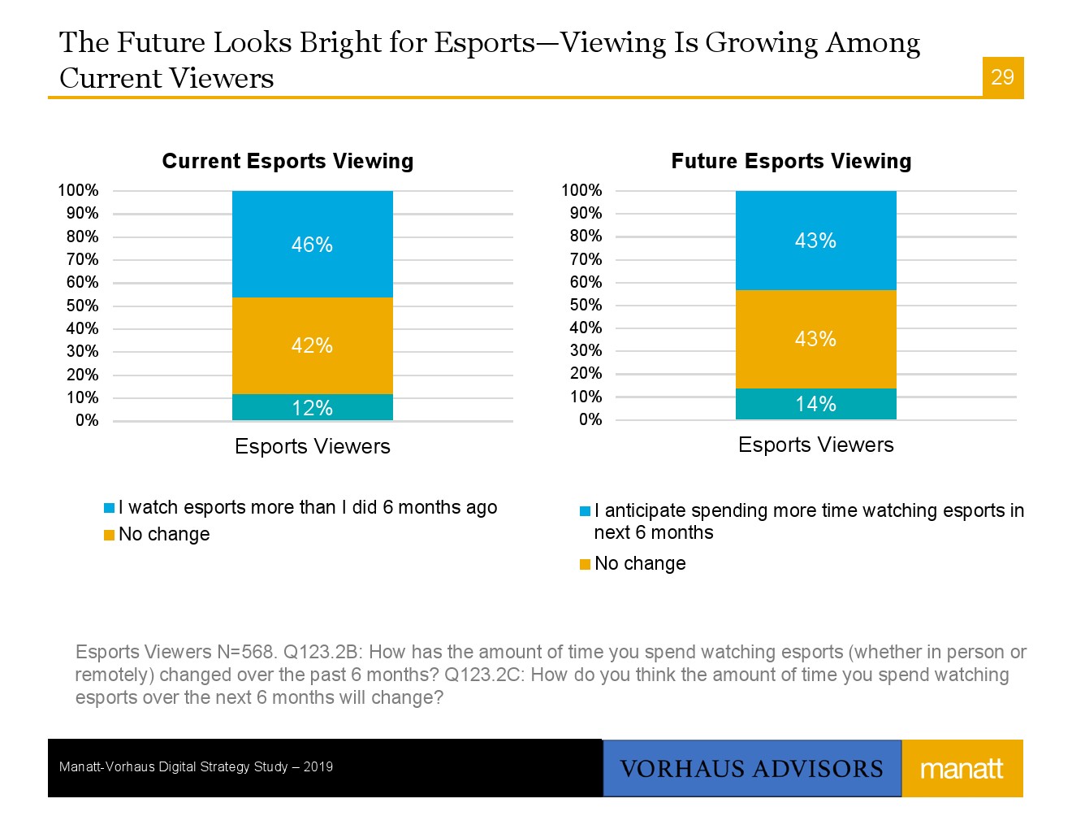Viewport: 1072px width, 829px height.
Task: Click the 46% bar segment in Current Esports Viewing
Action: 312,244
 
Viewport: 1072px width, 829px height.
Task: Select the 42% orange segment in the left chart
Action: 312,345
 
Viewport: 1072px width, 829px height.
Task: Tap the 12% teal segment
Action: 312,407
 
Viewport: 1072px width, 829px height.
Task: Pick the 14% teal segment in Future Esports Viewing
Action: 815,404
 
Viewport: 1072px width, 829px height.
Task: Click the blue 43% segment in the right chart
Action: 815,241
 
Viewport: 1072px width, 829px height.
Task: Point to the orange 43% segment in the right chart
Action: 815,339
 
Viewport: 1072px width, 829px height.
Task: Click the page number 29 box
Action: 1003,77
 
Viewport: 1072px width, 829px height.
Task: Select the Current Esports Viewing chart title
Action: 287,161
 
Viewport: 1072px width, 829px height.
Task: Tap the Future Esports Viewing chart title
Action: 791,161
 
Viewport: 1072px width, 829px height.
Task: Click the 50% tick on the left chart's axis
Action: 83,306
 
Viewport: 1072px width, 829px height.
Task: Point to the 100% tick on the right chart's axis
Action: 581,190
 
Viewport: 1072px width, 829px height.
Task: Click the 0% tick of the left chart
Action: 87,420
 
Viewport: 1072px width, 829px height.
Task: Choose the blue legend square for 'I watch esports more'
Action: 109,508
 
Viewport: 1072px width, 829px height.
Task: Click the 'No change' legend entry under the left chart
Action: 164,534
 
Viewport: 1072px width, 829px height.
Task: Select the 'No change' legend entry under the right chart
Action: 640,563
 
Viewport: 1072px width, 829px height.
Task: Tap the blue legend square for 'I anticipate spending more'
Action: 585,511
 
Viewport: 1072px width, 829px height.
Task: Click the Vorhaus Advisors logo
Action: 751,768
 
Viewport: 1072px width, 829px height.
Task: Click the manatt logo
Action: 962,768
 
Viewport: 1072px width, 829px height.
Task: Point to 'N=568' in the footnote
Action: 247,652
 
